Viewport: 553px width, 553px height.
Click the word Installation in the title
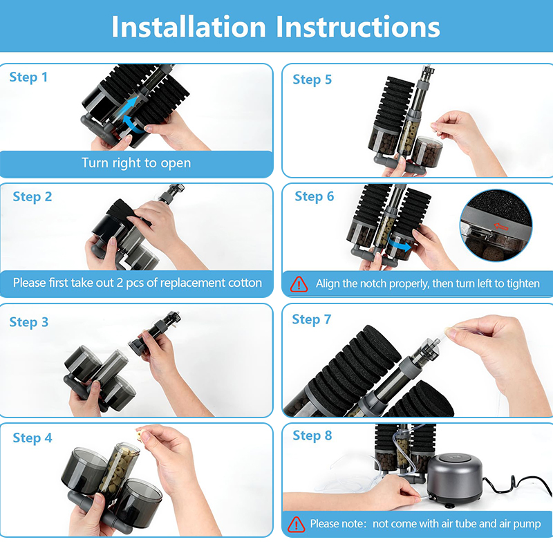pos(189,27)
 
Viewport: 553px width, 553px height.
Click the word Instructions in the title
pos(358,27)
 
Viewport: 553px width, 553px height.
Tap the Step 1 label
pos(28,77)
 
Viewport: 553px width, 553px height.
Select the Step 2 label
pos(32,197)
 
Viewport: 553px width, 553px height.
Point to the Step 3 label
pos(29,322)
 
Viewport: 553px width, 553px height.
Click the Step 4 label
pos(32,438)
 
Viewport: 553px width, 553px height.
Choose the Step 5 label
pos(312,79)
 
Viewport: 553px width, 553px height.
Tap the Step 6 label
pos(315,196)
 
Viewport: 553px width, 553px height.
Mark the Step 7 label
pos(312,319)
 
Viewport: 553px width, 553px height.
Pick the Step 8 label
pos(312,435)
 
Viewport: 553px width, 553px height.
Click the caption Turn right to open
pos(136,163)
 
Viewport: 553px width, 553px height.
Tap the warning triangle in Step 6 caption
pos(299,284)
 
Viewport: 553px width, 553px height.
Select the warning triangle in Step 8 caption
pos(297,524)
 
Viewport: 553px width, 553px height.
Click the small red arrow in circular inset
pos(500,226)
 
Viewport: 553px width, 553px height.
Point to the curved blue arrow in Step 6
pos(400,244)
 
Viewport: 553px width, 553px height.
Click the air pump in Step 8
pos(454,476)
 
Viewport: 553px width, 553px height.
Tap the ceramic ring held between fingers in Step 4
pos(142,434)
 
